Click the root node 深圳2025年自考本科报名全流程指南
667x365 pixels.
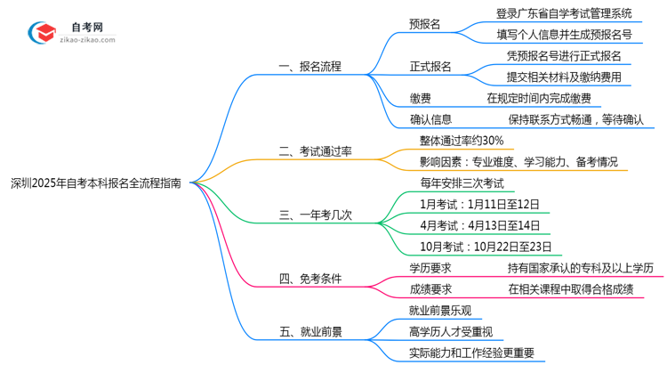[96, 183]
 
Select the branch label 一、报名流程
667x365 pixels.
[310, 67]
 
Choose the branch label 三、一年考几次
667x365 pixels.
[316, 215]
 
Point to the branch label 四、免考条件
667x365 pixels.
[310, 279]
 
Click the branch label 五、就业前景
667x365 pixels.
[310, 332]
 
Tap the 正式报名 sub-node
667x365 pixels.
[430, 67]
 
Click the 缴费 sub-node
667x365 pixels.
[422, 98]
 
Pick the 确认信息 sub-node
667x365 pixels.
[430, 118]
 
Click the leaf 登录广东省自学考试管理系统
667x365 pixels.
[564, 13]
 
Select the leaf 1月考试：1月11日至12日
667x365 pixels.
[479, 204]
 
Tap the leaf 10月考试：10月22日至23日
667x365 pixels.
[486, 246]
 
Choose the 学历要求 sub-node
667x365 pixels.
[430, 267]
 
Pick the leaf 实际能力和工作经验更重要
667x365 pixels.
[472, 353]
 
